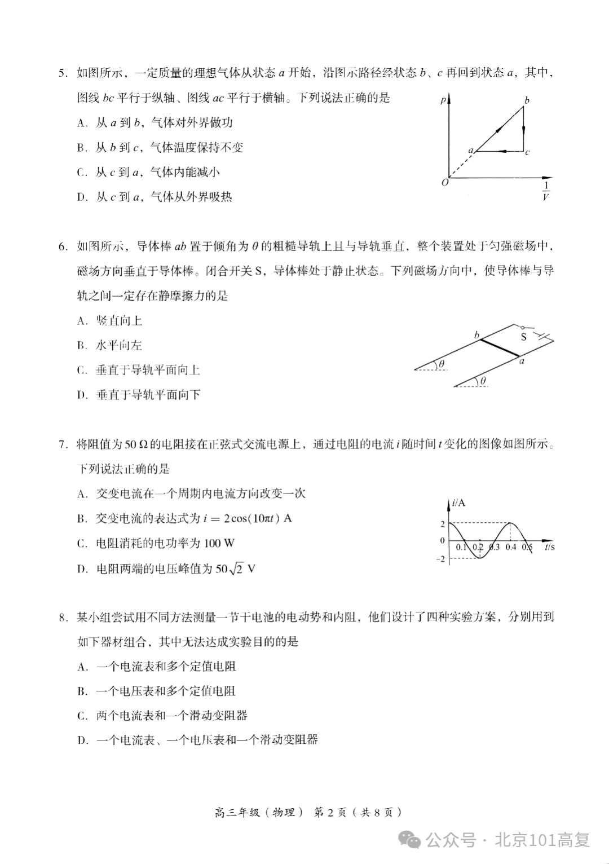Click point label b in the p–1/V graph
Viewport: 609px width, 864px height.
click(527, 101)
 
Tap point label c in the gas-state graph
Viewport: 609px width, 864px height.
click(527, 152)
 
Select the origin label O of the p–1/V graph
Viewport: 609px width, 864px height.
click(445, 183)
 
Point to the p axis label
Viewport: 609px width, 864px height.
click(443, 100)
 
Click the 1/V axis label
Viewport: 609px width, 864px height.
click(545, 191)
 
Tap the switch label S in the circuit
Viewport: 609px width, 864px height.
click(523, 337)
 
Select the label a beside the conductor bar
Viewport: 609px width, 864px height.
click(522, 361)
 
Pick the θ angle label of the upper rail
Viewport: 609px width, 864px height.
click(442, 364)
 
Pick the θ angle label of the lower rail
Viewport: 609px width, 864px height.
click(483, 382)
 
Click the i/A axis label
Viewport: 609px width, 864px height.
click(458, 502)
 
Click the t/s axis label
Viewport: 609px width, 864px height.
click(549, 546)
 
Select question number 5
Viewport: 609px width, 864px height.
click(63, 73)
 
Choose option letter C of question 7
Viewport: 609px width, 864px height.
click(82, 544)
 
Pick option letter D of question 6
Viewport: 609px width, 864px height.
click(82, 395)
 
